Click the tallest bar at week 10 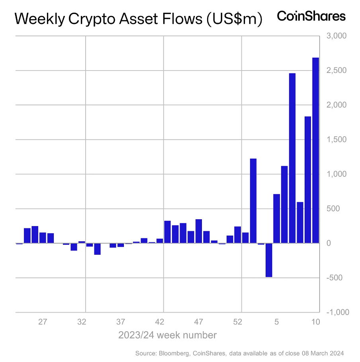(x=315, y=150)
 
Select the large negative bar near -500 (x=269, y=260)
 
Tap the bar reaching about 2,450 (x=292, y=158)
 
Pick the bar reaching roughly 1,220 (x=253, y=201)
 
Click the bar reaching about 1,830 (x=308, y=179)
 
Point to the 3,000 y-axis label (x=337, y=36)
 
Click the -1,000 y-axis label (x=337, y=312)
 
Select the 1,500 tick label (x=337, y=140)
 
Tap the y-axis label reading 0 (x=329, y=243)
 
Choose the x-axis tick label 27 (x=43, y=322)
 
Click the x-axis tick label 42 (x=160, y=322)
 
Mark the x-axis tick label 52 (x=238, y=322)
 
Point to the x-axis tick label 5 (x=277, y=322)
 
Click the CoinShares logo (x=311, y=16)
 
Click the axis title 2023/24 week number (x=167, y=335)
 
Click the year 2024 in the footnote (x=336, y=353)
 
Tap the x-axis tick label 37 (x=121, y=322)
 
